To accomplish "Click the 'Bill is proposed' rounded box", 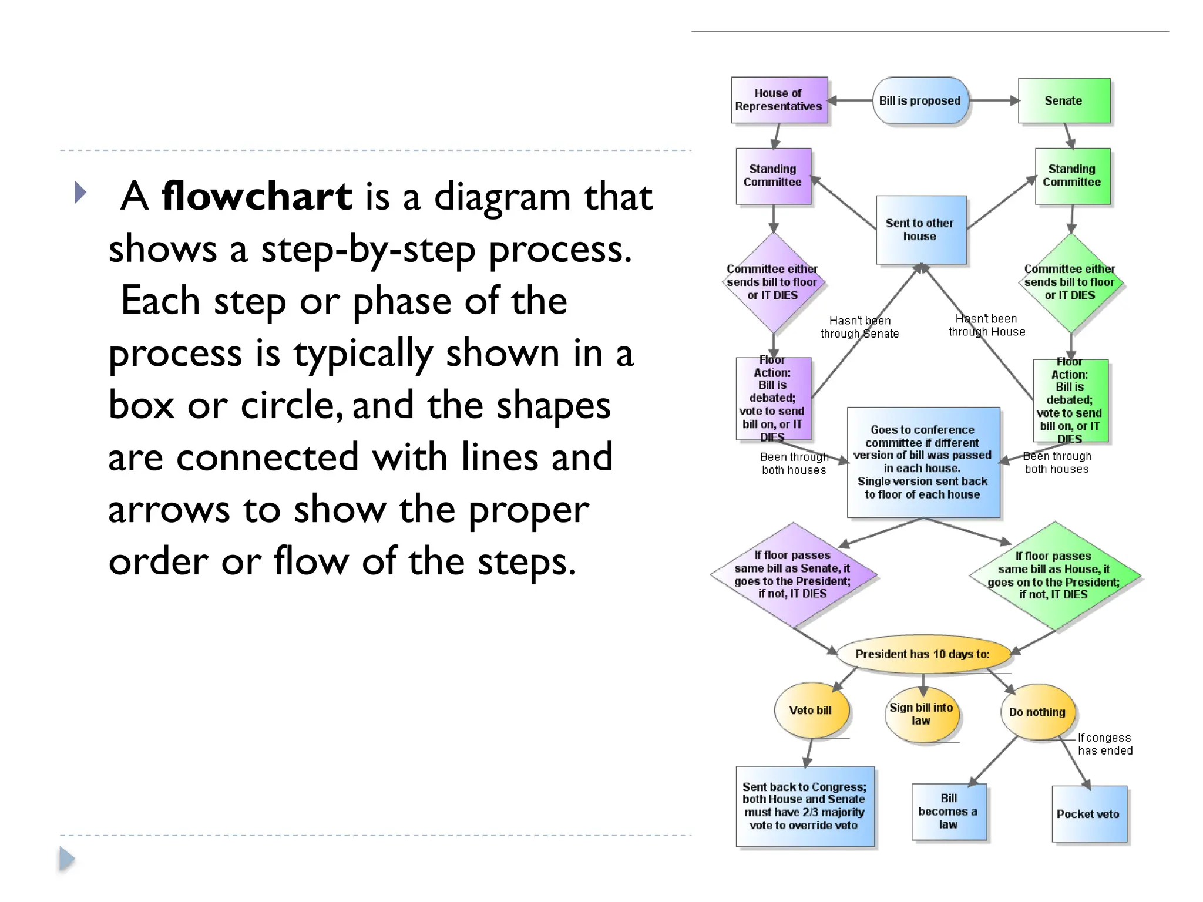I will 920,100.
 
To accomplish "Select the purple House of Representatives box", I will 779,100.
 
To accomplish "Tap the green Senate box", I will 1064,100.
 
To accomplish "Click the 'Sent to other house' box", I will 920,230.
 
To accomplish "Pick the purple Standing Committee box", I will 773,176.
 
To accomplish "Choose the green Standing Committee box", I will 1072,176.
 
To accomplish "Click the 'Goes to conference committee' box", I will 923,462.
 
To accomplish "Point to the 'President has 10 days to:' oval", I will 923,654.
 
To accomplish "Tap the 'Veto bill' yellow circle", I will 811,710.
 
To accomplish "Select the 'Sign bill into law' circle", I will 921,714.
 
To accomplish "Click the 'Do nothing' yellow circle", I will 1037,712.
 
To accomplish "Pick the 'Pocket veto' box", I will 1088,814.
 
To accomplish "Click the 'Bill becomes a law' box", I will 948,812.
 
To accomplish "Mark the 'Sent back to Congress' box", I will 804,806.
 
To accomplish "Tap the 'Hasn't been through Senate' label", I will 859,327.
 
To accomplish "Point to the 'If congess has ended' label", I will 1105,744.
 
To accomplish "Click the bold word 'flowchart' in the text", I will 257,196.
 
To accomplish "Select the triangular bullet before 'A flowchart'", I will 80,193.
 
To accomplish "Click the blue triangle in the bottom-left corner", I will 67,859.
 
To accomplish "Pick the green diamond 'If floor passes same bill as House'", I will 1054,575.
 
